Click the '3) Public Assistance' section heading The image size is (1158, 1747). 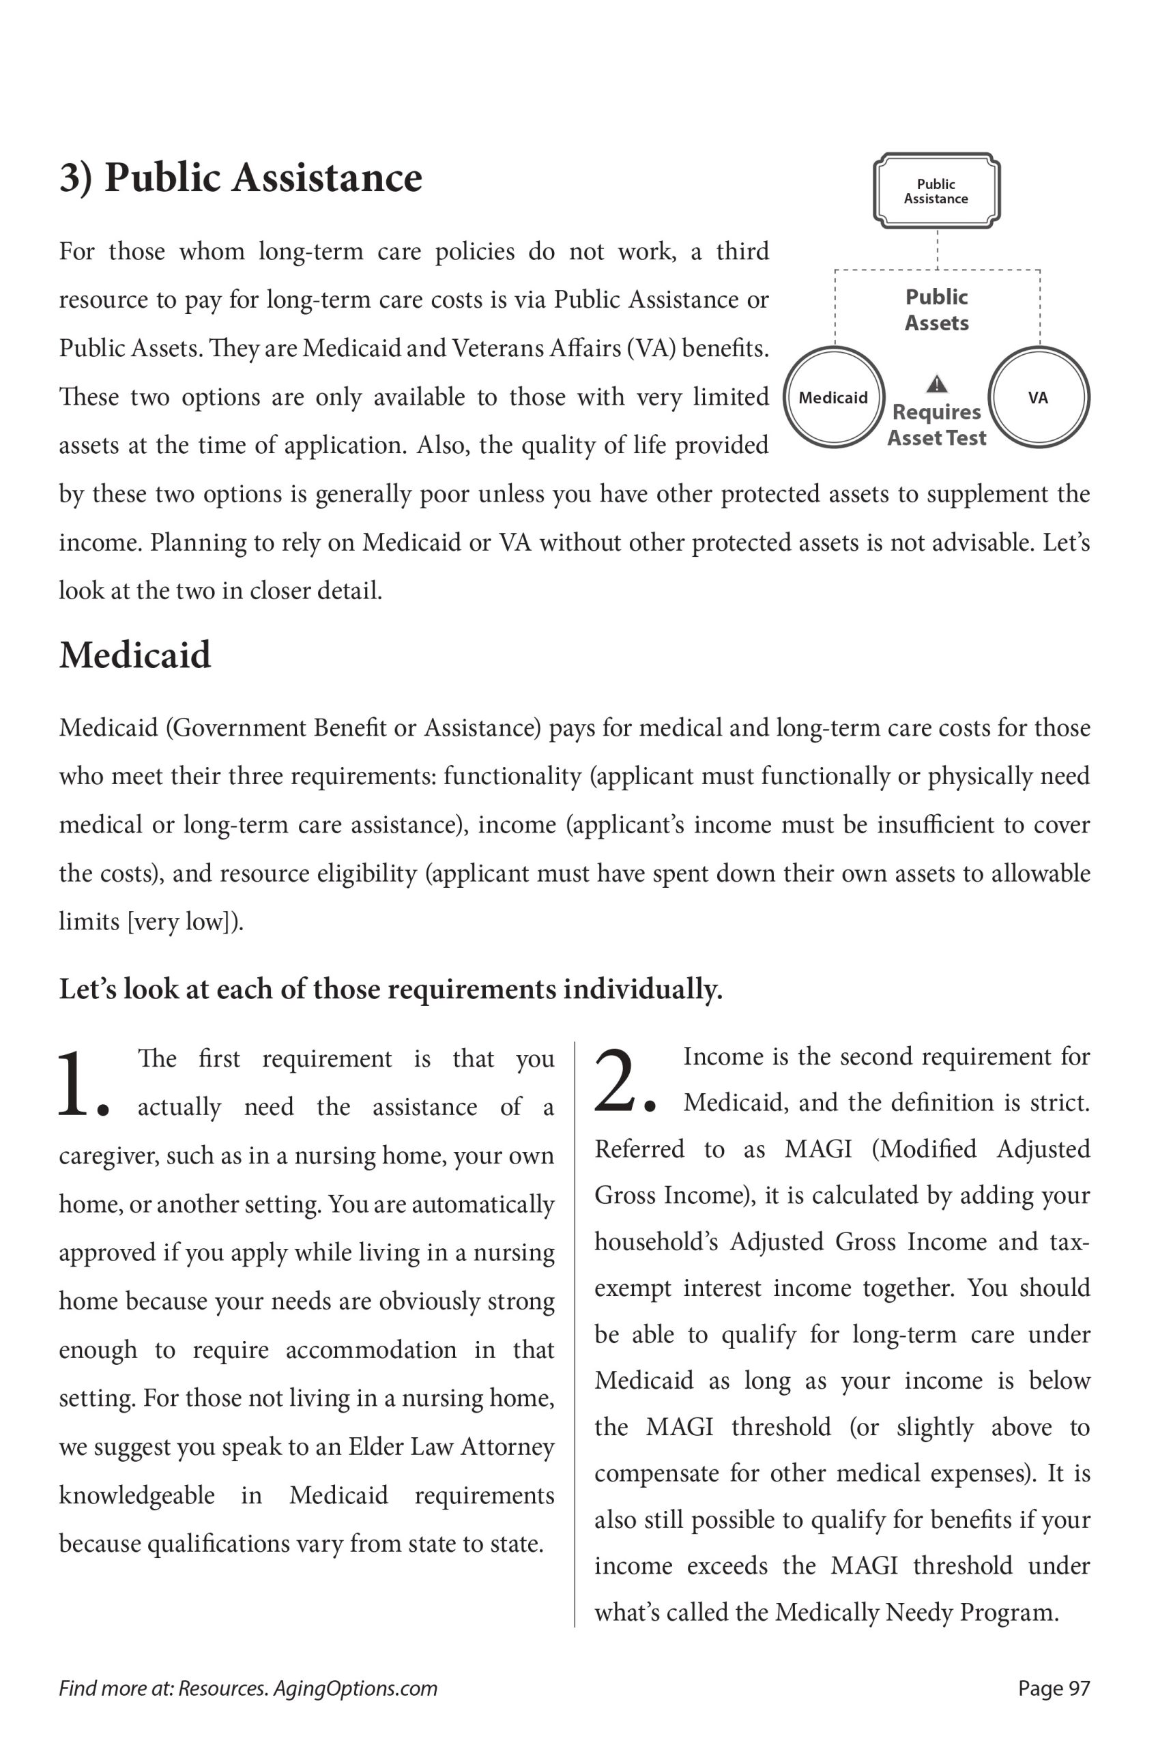click(241, 178)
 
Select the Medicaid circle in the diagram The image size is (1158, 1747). click(834, 397)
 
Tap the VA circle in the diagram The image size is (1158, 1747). click(1039, 397)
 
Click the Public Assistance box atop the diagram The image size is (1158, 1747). click(936, 190)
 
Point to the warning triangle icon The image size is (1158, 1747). click(936, 384)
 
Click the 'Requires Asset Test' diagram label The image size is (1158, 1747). click(936, 424)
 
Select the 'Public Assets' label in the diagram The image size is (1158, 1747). click(936, 309)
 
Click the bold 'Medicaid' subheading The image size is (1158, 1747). click(135, 655)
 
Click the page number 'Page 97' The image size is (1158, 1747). click(1054, 1688)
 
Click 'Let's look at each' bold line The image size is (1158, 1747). click(391, 989)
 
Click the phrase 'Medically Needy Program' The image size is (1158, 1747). click(916, 1612)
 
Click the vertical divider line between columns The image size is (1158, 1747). click(575, 1329)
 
